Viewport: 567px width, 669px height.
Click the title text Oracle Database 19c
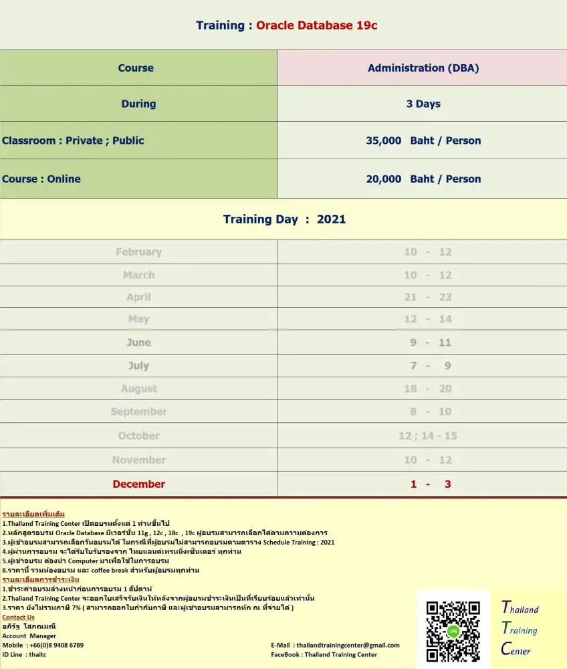point(317,25)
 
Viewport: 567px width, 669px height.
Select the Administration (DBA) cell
point(423,68)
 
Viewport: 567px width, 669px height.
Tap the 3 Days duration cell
point(423,104)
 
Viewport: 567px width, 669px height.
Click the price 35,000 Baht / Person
point(423,140)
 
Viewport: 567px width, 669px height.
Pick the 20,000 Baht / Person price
point(423,179)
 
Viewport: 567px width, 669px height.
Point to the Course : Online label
point(41,179)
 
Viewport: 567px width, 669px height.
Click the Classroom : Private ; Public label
point(73,140)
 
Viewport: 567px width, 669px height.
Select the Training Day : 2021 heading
point(284,219)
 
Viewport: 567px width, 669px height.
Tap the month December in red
point(138,484)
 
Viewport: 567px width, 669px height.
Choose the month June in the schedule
point(138,343)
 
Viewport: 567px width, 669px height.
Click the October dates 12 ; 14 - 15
point(428,436)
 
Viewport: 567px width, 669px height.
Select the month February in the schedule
point(138,252)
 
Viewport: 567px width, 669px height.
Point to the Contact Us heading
point(18,617)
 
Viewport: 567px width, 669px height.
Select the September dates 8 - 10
point(428,411)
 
